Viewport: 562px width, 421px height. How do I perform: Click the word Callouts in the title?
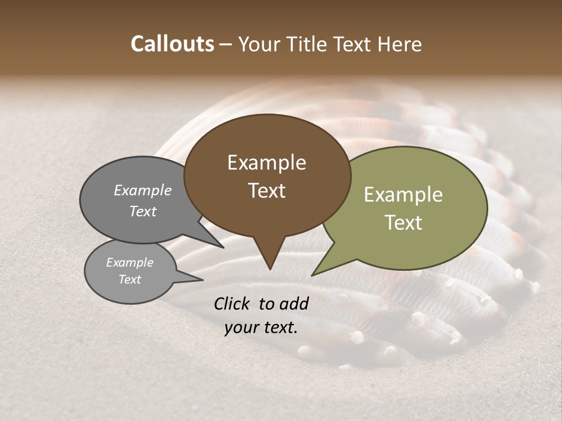[x=172, y=44]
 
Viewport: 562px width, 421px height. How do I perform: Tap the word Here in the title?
[x=400, y=44]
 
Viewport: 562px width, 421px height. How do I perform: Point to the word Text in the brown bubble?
[x=267, y=190]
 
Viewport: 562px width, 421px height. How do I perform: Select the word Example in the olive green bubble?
[x=403, y=195]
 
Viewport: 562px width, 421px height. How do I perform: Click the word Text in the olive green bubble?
[x=404, y=223]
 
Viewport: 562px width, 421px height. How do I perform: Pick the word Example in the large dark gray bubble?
[x=143, y=190]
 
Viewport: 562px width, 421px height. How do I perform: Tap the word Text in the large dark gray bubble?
[x=143, y=211]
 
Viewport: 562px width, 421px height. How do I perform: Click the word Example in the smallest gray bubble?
[x=130, y=263]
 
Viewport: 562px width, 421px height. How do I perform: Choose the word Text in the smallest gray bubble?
[x=130, y=279]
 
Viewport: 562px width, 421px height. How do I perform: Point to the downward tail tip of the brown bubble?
[x=270, y=269]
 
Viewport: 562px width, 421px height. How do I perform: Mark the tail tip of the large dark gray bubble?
[x=223, y=247]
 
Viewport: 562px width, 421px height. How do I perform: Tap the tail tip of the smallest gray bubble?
[x=203, y=280]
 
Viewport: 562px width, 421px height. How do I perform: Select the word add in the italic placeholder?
[x=294, y=303]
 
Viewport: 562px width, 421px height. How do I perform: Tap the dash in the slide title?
[x=227, y=44]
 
